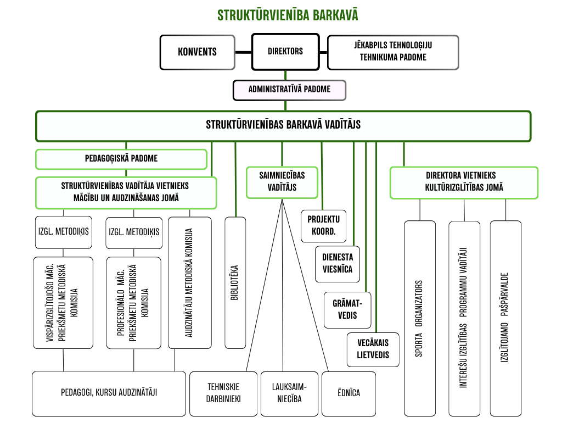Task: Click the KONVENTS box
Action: (x=197, y=52)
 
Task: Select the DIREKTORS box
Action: (x=285, y=52)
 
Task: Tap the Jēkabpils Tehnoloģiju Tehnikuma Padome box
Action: (x=393, y=52)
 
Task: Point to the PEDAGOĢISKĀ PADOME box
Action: (x=121, y=159)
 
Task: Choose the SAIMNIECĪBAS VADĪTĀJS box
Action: (x=282, y=182)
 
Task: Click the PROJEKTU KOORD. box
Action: (x=323, y=225)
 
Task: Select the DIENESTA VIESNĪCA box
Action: (x=338, y=263)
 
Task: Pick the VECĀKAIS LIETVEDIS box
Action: (x=373, y=349)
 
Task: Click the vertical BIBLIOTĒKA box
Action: (x=235, y=282)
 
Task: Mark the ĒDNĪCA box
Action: (x=349, y=393)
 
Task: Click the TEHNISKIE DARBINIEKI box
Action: (x=223, y=393)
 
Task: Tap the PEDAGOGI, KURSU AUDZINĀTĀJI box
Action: (x=109, y=392)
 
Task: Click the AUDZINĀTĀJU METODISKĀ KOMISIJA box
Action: (x=189, y=282)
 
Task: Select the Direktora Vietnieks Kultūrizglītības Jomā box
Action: (x=464, y=182)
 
